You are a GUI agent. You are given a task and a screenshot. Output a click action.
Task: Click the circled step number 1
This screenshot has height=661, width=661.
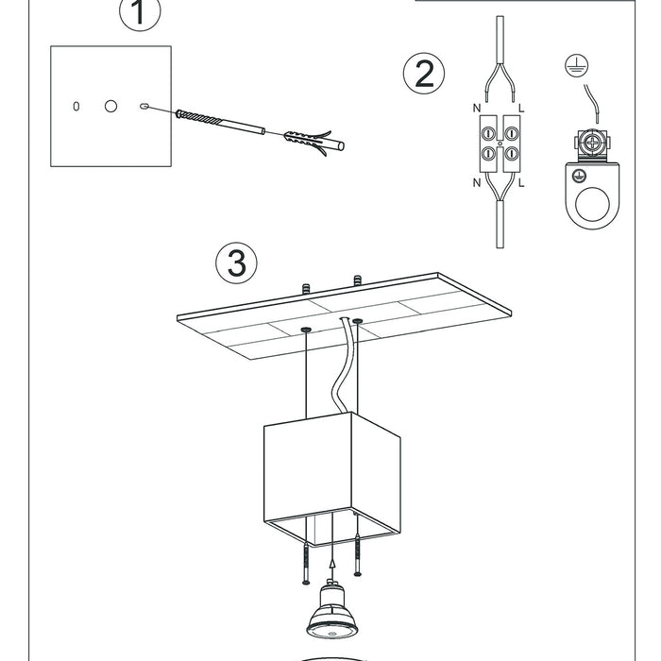140,12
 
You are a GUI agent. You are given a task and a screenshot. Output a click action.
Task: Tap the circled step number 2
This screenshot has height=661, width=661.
424,74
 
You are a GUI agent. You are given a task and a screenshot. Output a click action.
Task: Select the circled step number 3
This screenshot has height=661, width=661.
236,263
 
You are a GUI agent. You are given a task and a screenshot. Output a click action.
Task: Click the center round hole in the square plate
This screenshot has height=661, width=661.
110,106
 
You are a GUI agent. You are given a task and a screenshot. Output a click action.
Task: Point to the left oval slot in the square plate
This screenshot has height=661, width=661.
76,106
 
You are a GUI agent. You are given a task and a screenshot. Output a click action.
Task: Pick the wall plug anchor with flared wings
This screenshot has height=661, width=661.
314,142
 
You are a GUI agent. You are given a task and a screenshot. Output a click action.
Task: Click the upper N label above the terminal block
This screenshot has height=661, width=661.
477,109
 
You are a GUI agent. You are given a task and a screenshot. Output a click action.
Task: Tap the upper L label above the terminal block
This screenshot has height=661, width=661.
521,109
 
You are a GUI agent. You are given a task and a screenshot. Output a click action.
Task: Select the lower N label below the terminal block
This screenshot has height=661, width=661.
477,182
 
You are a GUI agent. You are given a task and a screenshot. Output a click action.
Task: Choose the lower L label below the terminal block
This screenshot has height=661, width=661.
521,182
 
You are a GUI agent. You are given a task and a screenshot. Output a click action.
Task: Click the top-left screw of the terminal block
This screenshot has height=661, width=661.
488,134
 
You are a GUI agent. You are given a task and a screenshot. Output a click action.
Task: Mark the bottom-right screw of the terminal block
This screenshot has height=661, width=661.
512,153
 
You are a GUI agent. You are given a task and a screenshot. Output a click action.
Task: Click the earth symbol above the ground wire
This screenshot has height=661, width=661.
576,65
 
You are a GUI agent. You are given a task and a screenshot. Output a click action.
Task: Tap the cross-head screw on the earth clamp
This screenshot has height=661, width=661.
592,144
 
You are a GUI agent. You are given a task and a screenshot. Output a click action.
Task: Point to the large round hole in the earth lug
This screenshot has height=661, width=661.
592,204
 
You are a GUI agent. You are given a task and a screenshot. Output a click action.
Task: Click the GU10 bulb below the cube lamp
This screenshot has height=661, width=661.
332,608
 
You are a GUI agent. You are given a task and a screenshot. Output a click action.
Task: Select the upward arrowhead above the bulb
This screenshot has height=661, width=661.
332,564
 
